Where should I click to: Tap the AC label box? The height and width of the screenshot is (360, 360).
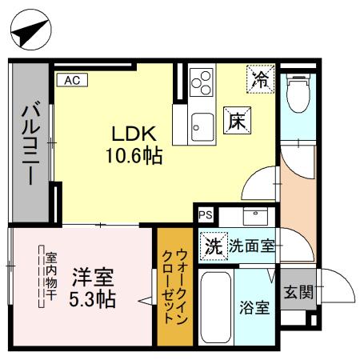click(71, 80)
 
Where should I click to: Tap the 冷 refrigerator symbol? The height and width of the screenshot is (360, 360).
click(260, 79)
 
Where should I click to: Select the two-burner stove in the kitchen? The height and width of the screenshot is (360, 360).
click(202, 84)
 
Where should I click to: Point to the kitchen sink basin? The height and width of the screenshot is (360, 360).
click(201, 125)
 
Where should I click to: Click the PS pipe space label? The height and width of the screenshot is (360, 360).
click(206, 214)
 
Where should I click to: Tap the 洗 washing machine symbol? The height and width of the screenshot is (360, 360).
click(212, 246)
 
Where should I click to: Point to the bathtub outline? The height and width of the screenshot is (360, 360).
click(214, 308)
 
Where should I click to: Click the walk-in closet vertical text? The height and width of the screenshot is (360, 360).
click(175, 285)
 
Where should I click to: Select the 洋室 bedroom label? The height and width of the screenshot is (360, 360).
click(94, 279)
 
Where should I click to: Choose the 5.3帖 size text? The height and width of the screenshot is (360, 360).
click(94, 300)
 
